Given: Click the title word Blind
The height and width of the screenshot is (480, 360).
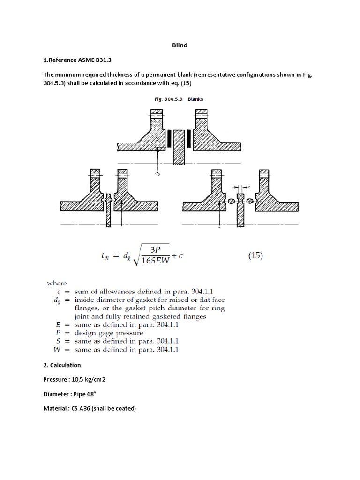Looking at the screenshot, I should [180, 45].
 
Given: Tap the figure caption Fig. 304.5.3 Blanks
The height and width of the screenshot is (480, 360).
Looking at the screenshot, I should [179, 99].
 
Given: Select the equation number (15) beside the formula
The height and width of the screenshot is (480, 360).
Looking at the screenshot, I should [255, 256].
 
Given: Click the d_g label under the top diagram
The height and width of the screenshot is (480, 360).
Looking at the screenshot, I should [157, 172].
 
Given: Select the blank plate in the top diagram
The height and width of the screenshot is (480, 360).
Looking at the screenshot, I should [179, 147].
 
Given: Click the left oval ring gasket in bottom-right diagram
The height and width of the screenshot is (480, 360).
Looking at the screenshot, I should [231, 201].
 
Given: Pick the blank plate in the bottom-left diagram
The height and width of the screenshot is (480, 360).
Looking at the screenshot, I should [108, 210].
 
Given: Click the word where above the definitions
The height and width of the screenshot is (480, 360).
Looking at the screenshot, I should [56, 283].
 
